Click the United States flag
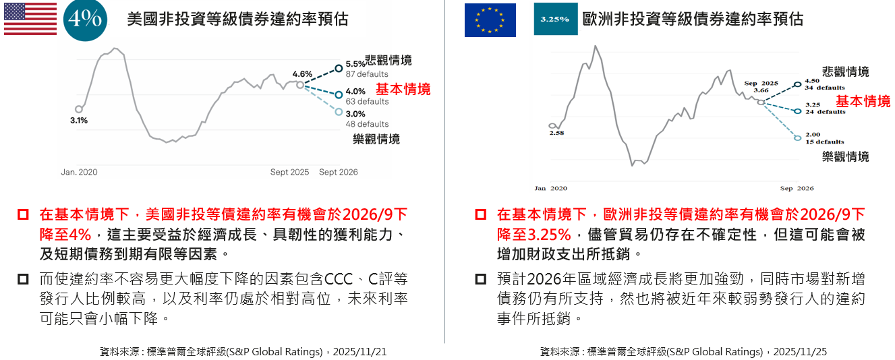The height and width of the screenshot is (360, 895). (30, 19)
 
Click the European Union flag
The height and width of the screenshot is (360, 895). (490, 20)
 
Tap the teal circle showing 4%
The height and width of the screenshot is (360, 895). (85, 19)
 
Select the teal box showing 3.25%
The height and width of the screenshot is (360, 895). (555, 19)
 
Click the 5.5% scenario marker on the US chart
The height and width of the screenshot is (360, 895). (339, 68)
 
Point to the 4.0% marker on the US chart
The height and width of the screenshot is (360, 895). (339, 94)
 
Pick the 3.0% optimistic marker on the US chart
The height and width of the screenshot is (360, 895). (339, 112)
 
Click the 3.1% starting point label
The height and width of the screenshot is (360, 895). (79, 120)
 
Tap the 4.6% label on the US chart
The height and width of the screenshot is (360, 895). (302, 74)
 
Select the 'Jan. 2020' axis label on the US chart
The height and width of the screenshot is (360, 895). (79, 172)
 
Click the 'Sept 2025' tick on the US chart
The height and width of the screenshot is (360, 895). (289, 172)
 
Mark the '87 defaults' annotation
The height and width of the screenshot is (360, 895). (367, 74)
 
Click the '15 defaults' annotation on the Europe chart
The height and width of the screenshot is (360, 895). (825, 142)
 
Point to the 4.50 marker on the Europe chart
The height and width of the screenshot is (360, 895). (798, 84)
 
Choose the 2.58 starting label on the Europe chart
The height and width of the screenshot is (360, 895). (556, 133)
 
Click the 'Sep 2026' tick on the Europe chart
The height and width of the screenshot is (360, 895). (797, 188)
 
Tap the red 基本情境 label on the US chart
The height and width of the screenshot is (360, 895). (403, 89)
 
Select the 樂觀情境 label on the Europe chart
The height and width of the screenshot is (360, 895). (846, 156)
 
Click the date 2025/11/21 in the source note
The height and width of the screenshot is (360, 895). (359, 352)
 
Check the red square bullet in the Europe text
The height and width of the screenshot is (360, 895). (480, 214)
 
